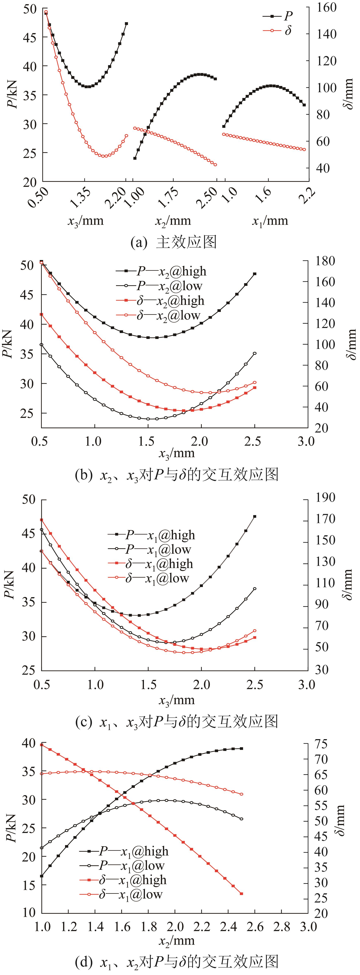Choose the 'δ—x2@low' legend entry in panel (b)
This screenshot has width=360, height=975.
(x=158, y=315)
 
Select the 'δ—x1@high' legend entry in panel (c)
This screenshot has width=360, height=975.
(x=151, y=564)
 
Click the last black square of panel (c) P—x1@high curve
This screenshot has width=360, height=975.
(x=255, y=516)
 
